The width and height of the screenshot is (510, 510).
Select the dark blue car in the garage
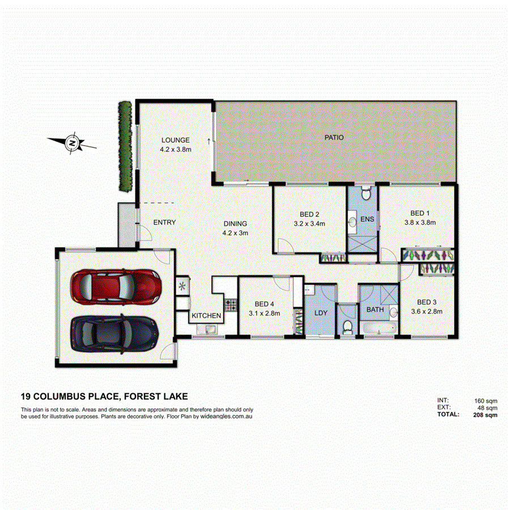coord(114,332)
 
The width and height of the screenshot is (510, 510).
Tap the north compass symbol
coord(72,143)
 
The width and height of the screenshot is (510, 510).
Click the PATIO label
coord(334,137)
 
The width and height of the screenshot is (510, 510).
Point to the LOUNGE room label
coord(175,140)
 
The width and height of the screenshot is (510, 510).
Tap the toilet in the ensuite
coord(366,194)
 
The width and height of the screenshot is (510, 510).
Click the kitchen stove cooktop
coord(231,305)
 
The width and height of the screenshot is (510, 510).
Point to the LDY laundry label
coord(320,312)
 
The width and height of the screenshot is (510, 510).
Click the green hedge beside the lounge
coord(125,146)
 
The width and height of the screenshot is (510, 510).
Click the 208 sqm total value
coord(486,415)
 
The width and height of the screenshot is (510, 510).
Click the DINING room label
coord(235,223)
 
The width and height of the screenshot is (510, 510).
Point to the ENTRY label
coord(164,223)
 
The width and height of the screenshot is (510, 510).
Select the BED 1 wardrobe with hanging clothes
coord(428,255)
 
